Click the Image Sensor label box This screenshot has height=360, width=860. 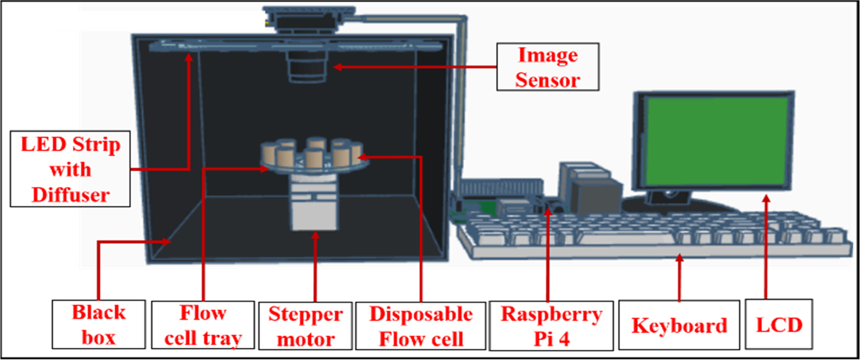coord(547,68)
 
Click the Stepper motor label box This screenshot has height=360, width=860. coord(305,326)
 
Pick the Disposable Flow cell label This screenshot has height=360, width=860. coord(420,325)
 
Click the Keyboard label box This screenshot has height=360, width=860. coord(679,325)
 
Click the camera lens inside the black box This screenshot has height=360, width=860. coord(308,69)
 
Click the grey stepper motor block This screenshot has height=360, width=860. coord(314,214)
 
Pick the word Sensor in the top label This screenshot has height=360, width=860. coord(547,80)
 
